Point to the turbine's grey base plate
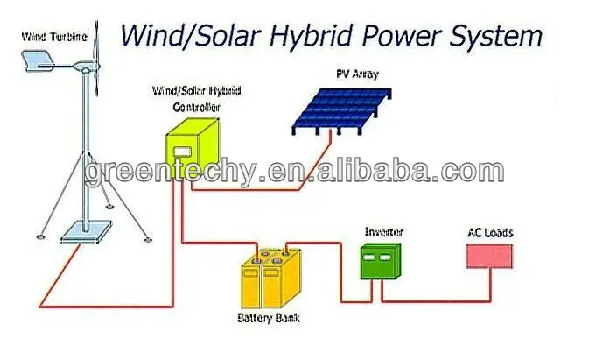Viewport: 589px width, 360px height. [86, 233]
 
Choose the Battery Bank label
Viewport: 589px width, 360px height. [269, 318]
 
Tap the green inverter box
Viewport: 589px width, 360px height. [381, 262]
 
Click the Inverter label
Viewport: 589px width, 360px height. [382, 232]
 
